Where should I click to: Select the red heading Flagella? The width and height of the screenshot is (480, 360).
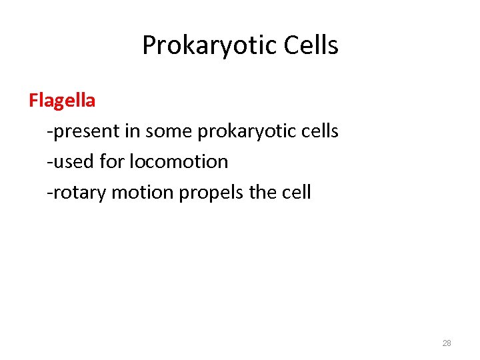(62, 101)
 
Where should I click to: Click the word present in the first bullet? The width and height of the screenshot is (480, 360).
(87, 131)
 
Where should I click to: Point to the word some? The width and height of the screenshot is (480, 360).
(169, 131)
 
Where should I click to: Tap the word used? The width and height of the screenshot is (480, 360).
(70, 162)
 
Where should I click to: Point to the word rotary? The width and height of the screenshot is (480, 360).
(79, 193)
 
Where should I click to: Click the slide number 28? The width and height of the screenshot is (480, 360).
(447, 343)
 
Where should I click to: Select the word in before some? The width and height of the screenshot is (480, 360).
(132, 131)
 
